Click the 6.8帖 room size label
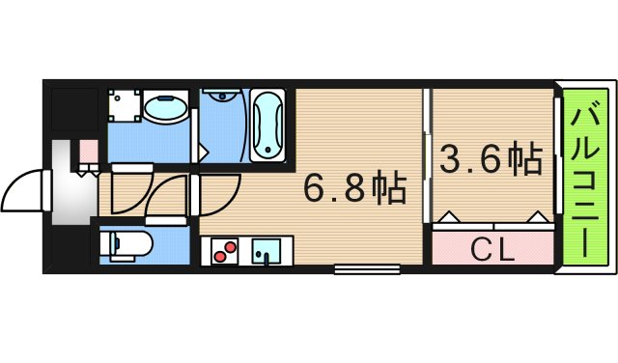(353, 185)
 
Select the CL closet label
(492, 250)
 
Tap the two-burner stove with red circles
(224, 253)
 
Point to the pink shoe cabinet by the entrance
(88, 152)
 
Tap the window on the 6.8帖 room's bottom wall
(367, 269)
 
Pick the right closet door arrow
(538, 217)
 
